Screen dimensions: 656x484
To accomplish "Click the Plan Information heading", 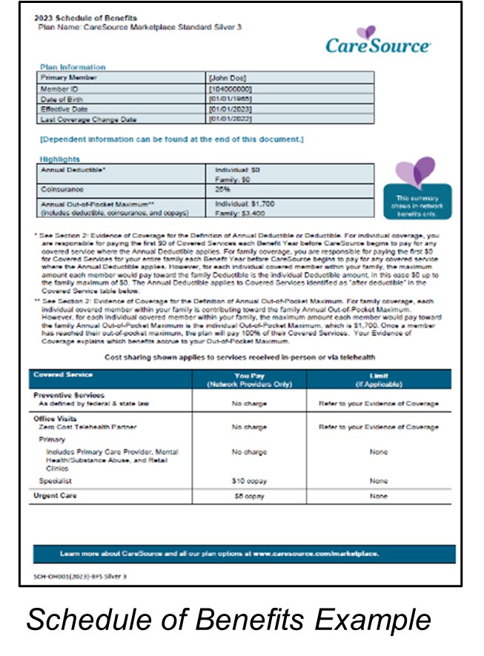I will point(73,67).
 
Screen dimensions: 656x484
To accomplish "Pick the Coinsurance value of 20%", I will point(222,188).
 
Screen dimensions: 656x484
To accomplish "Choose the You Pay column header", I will point(249,380).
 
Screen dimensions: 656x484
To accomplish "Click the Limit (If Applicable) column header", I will point(379,380).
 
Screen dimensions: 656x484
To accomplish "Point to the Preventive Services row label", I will point(71,395).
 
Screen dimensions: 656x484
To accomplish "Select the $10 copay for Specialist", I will point(249,481).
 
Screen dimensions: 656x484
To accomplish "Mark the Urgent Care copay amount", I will point(249,496).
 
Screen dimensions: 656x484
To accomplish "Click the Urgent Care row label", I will point(56,495).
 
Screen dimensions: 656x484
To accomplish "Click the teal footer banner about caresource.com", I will point(244,554).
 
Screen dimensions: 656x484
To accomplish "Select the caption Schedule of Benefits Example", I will point(228,620).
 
